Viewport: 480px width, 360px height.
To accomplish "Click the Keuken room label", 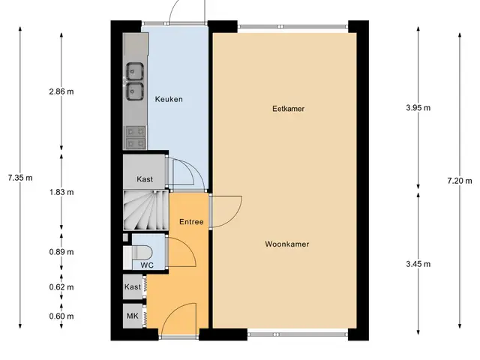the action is pos(169,99).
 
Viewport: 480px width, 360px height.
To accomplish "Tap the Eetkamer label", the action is pos(288,109).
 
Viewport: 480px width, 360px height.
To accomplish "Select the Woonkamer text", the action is pos(287,244).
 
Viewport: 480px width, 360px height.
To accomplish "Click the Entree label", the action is pos(191,222).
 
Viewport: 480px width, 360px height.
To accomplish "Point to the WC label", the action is pos(147,265).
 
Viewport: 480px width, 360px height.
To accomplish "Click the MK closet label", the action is pos(133,316).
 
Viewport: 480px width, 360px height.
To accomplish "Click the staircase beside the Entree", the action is pos(146,210).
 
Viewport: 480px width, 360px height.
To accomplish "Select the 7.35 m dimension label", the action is pos(20,178).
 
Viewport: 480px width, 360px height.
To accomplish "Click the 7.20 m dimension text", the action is pos(460,181).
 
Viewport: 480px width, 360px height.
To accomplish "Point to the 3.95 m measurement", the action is pos(418,108).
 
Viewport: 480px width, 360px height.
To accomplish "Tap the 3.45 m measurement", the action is pos(418,264).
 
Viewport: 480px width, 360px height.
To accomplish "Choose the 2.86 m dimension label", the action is pos(61,91).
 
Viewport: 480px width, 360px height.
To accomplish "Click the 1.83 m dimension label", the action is pos(61,192).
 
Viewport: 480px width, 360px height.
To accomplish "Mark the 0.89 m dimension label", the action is pos(61,252).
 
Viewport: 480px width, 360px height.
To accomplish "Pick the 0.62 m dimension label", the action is pos(61,287).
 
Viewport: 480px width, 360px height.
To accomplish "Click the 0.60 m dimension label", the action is pos(61,316).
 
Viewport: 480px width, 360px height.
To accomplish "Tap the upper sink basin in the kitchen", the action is pos(135,71).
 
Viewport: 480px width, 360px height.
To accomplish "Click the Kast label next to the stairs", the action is pos(145,179).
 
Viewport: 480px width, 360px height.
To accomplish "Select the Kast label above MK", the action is pos(133,286).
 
